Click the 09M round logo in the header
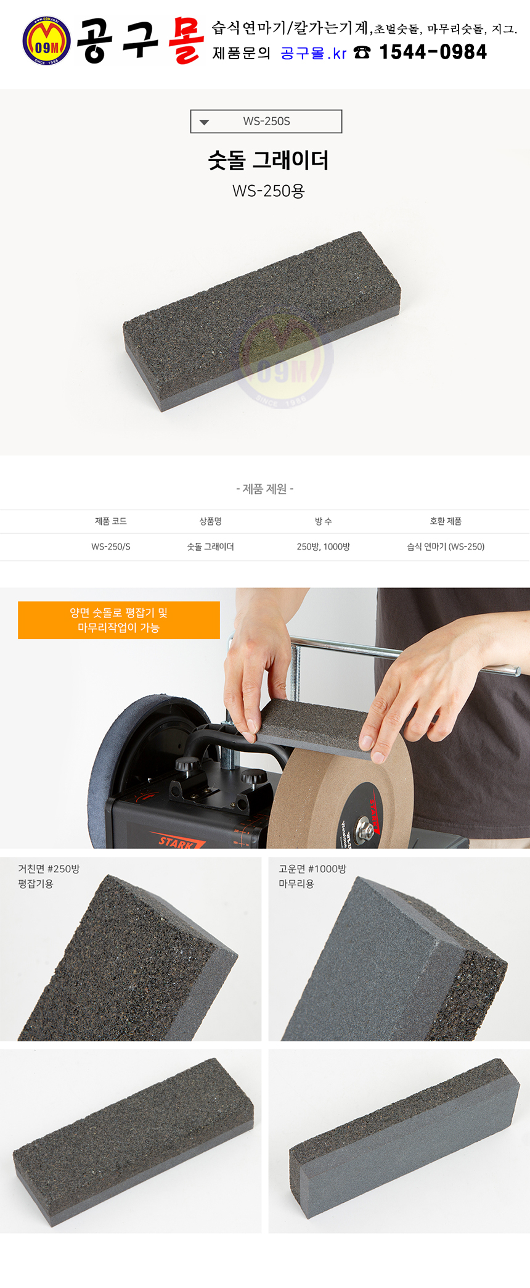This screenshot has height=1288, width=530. coord(46,41)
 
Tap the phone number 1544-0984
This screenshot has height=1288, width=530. coord(433,52)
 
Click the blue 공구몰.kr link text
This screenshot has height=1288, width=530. coord(314,54)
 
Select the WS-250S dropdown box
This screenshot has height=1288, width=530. coord(266,122)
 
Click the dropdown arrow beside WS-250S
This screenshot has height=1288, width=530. coord(205,122)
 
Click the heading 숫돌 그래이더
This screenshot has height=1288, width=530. coord(268,160)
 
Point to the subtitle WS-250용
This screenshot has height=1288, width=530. coord(268,191)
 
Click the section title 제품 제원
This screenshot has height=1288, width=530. coord(265,489)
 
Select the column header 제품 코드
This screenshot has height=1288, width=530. coord(111,521)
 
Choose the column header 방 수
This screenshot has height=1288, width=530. coord(324,521)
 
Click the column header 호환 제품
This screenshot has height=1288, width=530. coord(446,521)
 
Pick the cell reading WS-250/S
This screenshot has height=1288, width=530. coord(111,547)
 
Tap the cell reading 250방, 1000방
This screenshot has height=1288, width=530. coord(324,547)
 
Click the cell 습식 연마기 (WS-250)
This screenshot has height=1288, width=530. coord(446,547)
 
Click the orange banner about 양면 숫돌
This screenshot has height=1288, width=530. coord(119,620)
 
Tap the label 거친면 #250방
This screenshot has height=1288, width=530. coord(49,869)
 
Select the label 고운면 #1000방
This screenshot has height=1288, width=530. coord(312,869)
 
